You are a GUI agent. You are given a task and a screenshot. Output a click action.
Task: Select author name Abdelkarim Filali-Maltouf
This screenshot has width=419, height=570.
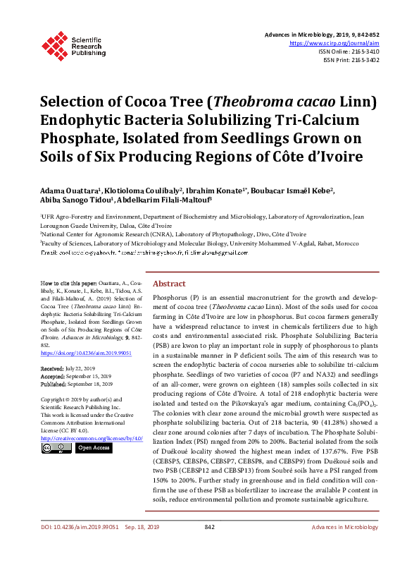162,201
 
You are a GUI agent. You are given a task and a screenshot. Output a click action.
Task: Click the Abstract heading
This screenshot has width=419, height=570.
169,283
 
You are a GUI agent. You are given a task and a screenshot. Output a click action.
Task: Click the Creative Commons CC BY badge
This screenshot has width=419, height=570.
56,448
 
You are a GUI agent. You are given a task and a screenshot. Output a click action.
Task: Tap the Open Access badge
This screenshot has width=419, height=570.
93,448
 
